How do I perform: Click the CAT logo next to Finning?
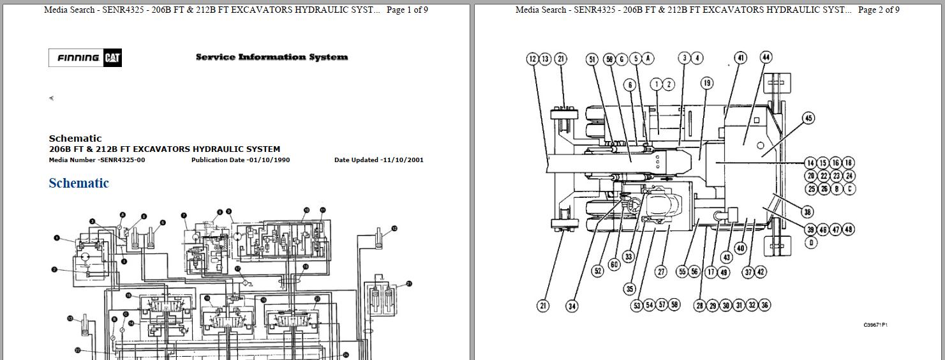tap(113, 58)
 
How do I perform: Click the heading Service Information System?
tap(271, 57)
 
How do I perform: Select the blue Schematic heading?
tap(78, 183)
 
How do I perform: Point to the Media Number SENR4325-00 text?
tap(97, 160)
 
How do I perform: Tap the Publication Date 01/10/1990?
tap(240, 160)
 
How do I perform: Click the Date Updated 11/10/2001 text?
tap(378, 160)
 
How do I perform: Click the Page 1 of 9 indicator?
tap(407, 10)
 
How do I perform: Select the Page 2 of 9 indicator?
tap(879, 10)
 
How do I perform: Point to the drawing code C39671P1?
tap(875, 325)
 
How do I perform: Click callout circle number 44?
tap(766, 57)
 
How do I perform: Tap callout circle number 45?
tap(808, 118)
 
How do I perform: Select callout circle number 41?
tap(740, 58)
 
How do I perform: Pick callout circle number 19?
tap(706, 83)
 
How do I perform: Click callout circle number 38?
tap(808, 213)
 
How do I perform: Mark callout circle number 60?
tap(614, 264)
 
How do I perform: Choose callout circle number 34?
tap(572, 306)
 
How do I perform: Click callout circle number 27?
tap(661, 272)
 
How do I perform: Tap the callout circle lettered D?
tap(810, 243)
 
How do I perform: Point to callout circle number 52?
tap(597, 271)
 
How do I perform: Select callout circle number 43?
tap(727, 257)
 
